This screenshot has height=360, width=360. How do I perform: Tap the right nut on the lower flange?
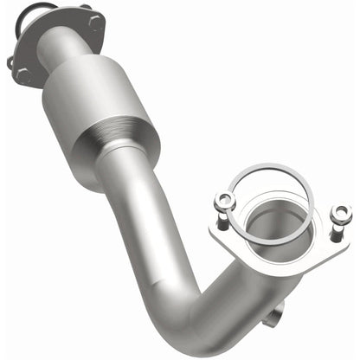(340, 212)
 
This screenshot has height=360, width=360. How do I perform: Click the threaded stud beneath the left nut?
(222, 222)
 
